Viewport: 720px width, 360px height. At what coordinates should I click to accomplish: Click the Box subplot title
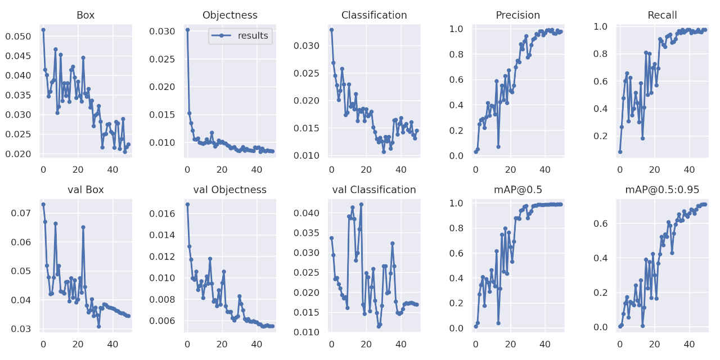[85, 15]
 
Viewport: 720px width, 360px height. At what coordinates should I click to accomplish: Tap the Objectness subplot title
[229, 15]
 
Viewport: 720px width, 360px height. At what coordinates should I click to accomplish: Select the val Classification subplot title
[374, 190]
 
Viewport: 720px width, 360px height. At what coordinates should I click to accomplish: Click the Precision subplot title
[518, 15]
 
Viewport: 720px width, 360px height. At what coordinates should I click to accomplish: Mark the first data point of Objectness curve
[187, 30]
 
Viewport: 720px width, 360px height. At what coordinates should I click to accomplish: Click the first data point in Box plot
[43, 30]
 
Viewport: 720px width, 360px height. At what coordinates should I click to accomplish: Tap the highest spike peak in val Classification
[361, 204]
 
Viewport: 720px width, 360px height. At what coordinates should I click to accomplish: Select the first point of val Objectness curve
[187, 204]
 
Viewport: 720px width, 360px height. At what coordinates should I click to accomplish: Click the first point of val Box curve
[43, 204]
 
